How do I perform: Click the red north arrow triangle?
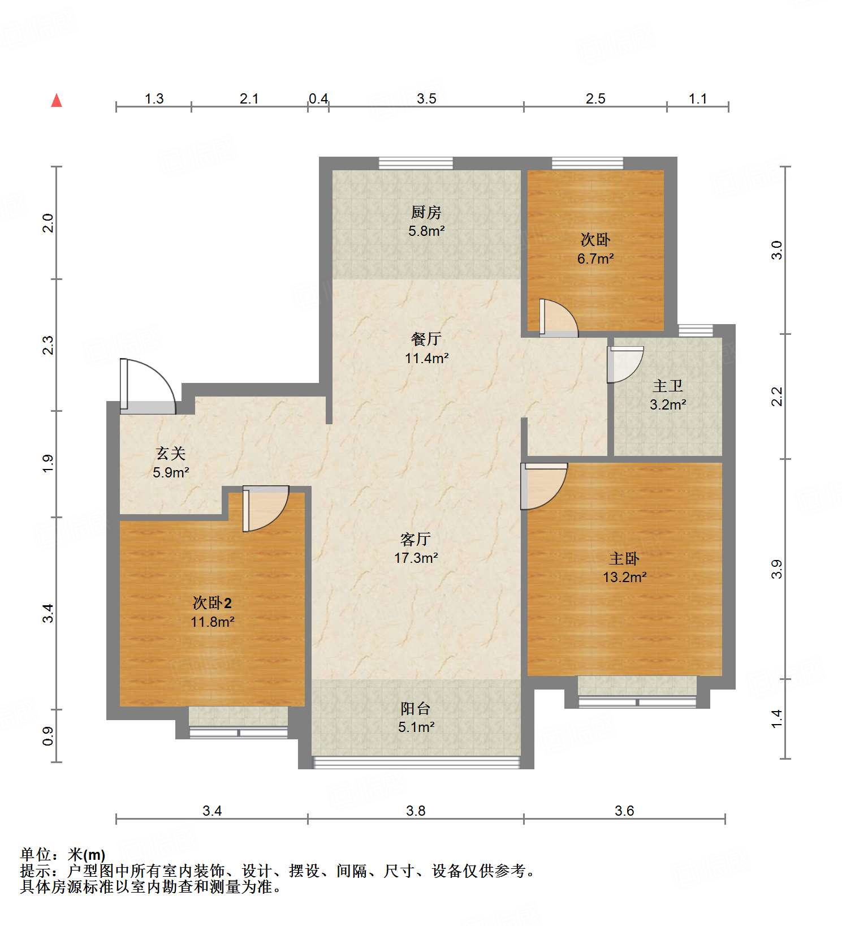tap(57, 101)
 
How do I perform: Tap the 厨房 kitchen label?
tap(426, 212)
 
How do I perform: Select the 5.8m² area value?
tap(426, 231)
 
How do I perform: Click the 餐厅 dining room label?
tap(426, 339)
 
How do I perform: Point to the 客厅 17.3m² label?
tap(416, 548)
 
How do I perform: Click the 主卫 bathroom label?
tap(667, 386)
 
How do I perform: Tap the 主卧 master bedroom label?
tap(624, 558)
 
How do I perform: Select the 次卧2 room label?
tap(212, 602)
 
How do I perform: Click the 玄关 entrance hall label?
tap(170, 453)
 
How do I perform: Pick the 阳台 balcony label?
tap(416, 708)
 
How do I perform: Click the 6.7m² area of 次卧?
tap(595, 259)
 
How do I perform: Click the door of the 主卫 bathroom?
tap(625, 364)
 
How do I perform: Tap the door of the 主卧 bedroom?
tap(542, 485)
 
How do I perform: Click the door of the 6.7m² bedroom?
tap(559, 318)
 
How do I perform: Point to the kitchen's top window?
tap(416, 163)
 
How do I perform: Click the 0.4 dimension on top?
tap(318, 98)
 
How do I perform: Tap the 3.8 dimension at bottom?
tap(416, 811)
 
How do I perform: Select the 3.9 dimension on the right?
tap(777, 568)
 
